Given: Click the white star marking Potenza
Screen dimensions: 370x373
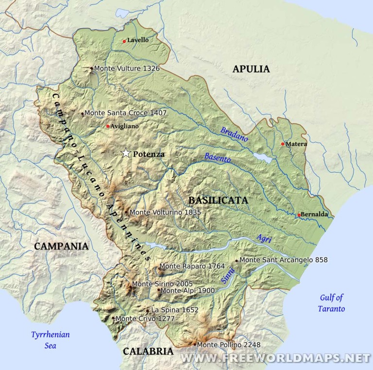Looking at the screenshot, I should click(x=126, y=153).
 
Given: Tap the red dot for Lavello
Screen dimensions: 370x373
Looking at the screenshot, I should click(x=124, y=41).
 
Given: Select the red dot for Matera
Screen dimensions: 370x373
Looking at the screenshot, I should click(x=283, y=144).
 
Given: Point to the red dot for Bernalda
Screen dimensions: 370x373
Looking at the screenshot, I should click(x=299, y=215).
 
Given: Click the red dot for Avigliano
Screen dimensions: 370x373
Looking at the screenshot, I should click(x=108, y=126).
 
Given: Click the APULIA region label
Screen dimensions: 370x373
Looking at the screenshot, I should click(x=251, y=69).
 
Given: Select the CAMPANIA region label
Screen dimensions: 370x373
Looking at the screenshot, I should click(x=61, y=246).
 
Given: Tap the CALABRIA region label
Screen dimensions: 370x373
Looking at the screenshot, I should click(x=148, y=351).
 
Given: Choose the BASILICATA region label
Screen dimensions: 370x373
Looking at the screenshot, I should click(x=218, y=200).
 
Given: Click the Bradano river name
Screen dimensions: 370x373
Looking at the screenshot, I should click(x=234, y=134).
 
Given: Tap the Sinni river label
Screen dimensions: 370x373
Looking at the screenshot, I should click(x=228, y=276).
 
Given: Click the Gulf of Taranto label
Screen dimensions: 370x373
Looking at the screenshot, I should click(x=331, y=303).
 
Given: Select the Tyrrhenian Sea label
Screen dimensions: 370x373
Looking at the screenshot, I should click(x=50, y=340).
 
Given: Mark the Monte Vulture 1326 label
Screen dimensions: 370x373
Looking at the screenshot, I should click(x=127, y=69).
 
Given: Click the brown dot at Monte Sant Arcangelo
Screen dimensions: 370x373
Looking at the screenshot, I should click(x=237, y=260).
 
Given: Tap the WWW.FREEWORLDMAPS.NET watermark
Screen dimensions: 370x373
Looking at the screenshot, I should click(x=275, y=358).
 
